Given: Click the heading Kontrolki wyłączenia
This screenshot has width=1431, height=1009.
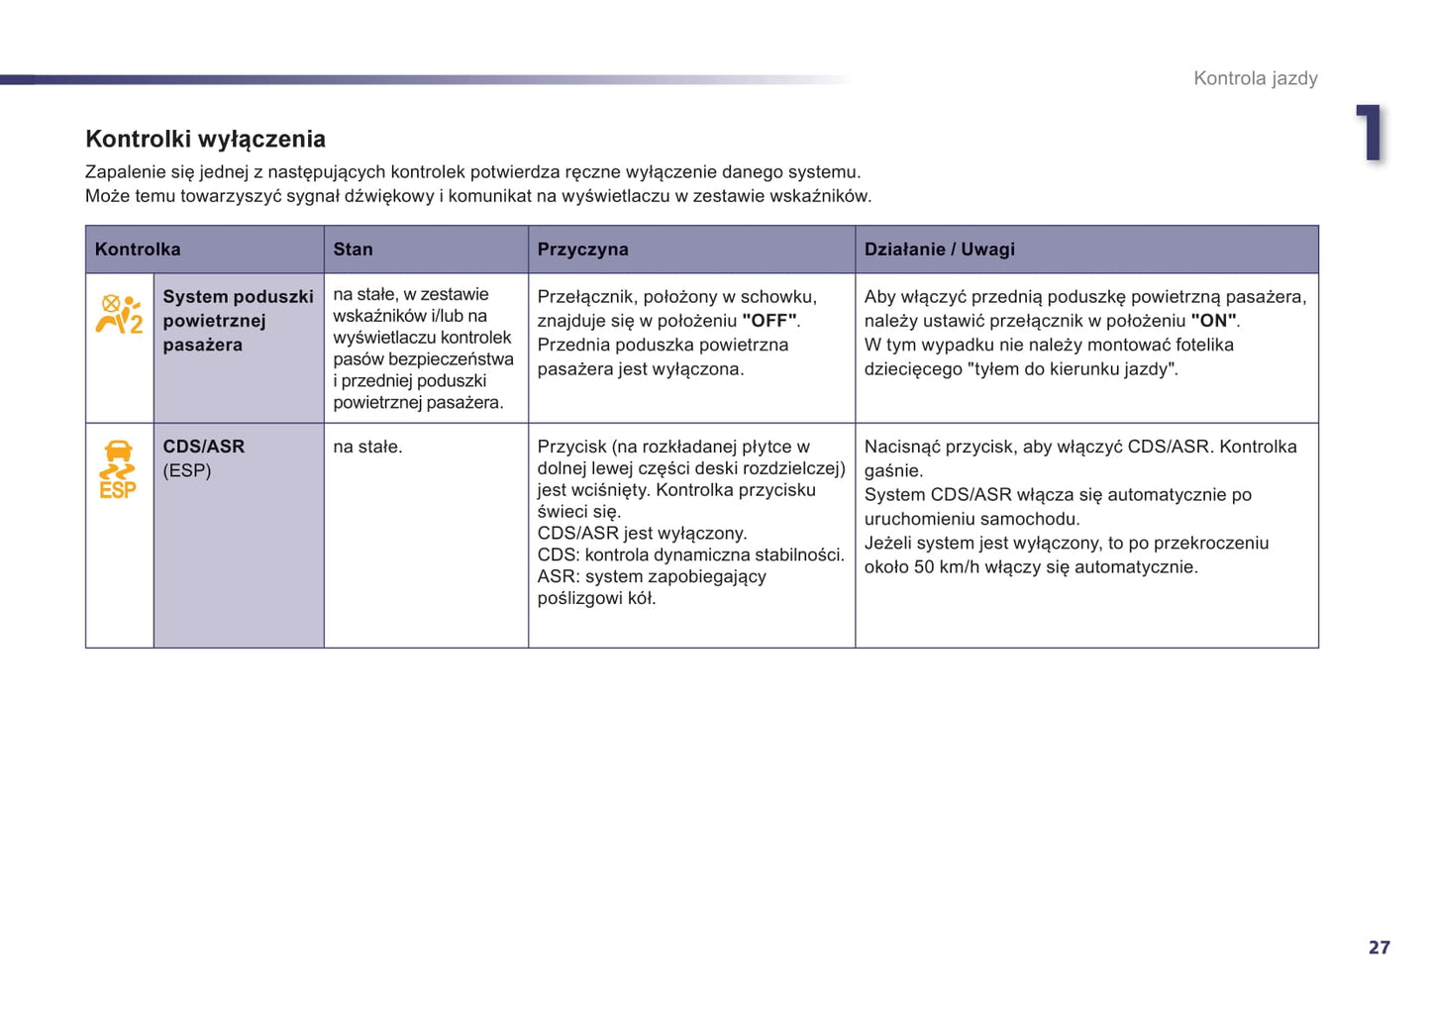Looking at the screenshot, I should [x=205, y=139].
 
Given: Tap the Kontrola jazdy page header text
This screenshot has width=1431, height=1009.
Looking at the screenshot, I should [x=1255, y=78].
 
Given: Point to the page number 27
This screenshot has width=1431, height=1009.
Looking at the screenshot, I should [x=1379, y=948].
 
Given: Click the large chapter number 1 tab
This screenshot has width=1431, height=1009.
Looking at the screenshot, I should [x=1371, y=133].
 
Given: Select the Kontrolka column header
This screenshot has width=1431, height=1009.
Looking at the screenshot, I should [x=138, y=250].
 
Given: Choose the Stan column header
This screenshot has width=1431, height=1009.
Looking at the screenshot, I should [x=353, y=250].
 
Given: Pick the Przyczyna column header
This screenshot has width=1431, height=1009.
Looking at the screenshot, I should [x=582, y=250].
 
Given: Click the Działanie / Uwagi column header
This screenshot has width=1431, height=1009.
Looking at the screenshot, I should [x=939, y=250].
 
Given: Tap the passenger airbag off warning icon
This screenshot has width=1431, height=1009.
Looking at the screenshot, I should [x=119, y=314].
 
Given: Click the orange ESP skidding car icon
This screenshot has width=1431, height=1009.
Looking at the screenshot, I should [x=118, y=469].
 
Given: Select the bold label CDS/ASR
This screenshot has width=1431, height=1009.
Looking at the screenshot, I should [x=203, y=447].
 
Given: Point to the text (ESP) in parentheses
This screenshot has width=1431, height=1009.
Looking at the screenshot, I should [x=187, y=470].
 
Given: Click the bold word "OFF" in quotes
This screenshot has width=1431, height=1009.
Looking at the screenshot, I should [x=769, y=321].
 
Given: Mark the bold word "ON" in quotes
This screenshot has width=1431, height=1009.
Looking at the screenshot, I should [x=1213, y=321].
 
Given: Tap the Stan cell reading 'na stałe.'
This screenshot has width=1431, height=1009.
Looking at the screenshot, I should [x=367, y=447].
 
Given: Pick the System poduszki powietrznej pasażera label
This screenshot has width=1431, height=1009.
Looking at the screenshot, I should [x=238, y=321].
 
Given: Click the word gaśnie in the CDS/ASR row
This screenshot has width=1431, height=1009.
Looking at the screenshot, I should [x=892, y=471].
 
